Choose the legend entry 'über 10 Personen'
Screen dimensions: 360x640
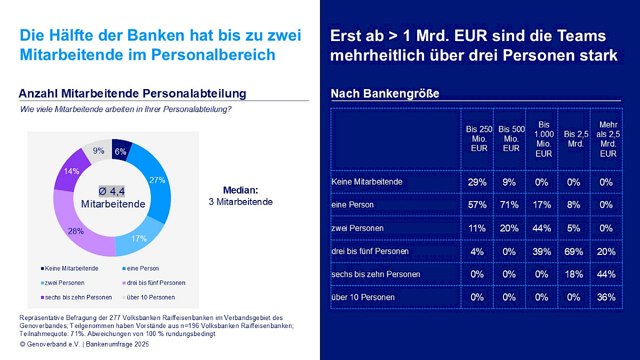151,297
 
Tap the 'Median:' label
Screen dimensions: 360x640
240,190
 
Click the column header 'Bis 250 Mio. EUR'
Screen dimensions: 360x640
479,139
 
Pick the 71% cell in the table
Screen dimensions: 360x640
509,205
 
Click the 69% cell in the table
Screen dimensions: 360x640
573,251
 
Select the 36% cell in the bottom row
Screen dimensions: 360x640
606,298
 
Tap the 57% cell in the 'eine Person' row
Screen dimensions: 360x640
477,205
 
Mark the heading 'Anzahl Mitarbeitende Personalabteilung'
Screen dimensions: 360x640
132,94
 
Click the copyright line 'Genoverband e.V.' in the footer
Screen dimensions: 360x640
84,345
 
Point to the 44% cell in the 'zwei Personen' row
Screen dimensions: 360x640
541,228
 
